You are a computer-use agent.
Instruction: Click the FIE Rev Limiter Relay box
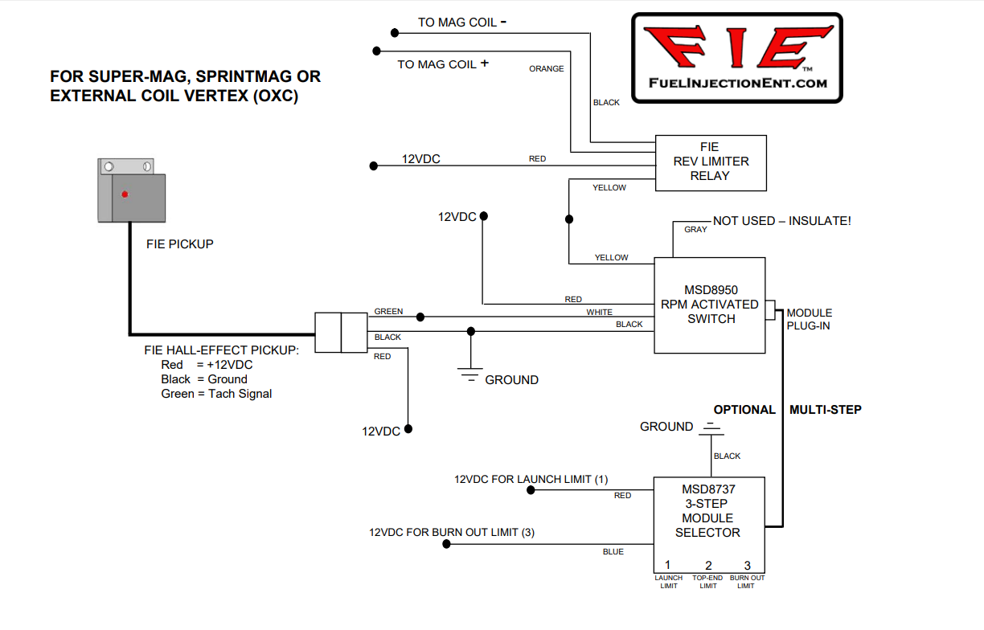(710, 162)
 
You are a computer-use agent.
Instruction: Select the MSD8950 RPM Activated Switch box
(708, 305)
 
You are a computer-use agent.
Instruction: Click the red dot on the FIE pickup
(124, 194)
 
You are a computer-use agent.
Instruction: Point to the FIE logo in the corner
(736, 57)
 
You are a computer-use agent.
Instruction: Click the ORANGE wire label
(546, 69)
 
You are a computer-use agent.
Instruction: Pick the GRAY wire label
(695, 230)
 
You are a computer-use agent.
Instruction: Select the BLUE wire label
(613, 552)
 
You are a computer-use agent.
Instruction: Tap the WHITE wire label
(599, 313)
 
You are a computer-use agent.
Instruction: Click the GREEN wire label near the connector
(388, 312)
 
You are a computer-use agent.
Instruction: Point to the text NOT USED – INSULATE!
(781, 221)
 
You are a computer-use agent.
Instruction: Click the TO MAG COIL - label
(461, 22)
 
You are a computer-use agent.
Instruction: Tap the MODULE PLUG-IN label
(809, 319)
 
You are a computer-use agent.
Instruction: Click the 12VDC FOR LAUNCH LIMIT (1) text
(531, 480)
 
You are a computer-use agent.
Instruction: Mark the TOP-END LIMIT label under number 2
(707, 582)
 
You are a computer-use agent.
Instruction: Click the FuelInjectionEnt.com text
(737, 83)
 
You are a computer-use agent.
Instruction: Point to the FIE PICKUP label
(179, 243)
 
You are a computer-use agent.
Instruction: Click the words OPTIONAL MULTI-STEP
(787, 410)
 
